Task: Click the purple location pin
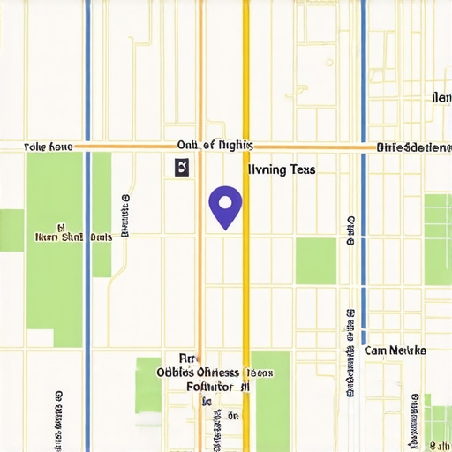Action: pos(225,206)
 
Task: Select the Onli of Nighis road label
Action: pos(215,145)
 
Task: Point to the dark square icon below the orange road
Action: pos(182,167)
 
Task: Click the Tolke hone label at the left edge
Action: pos(48,146)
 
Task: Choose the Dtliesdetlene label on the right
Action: pos(413,147)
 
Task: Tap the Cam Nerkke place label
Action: pos(395,350)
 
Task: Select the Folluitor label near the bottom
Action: pos(211,387)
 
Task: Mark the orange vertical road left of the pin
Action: pos(201,265)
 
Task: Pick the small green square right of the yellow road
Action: pos(315,260)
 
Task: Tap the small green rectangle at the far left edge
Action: pos(11,230)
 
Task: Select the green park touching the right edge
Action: pos(438,238)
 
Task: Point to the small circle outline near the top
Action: pos(329,63)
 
